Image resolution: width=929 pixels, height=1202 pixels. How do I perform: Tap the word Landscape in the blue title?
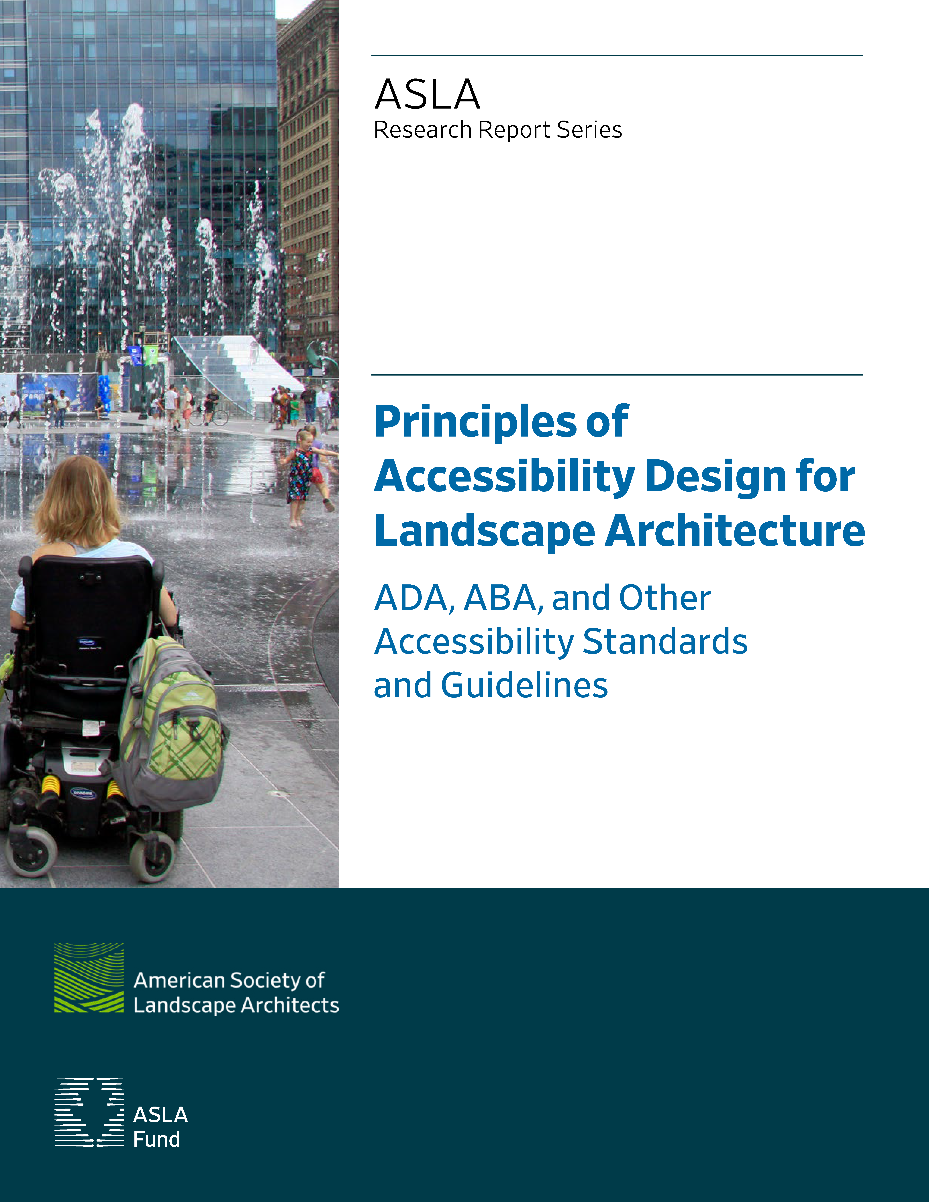coord(484,532)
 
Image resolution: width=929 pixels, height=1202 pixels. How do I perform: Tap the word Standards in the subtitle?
coord(665,642)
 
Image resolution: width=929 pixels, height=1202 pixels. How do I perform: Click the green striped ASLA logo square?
coord(89,977)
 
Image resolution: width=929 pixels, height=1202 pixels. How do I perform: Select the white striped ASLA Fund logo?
coord(89,1112)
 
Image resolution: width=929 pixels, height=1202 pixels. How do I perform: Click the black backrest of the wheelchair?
coord(88,616)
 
